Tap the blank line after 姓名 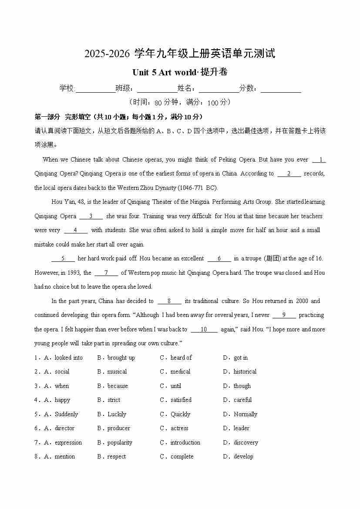click(x=219, y=89)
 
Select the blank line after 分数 click(x=281, y=89)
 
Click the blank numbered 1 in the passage click(x=320, y=160)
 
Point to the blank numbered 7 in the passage click(x=106, y=273)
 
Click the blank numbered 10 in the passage click(x=204, y=330)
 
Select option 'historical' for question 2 click(x=245, y=372)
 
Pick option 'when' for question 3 click(x=62, y=386)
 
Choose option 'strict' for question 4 click(x=114, y=400)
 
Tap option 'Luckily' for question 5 click(x=117, y=415)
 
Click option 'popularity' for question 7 click(x=120, y=443)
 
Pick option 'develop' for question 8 click(x=243, y=457)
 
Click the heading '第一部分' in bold click(x=47, y=117)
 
